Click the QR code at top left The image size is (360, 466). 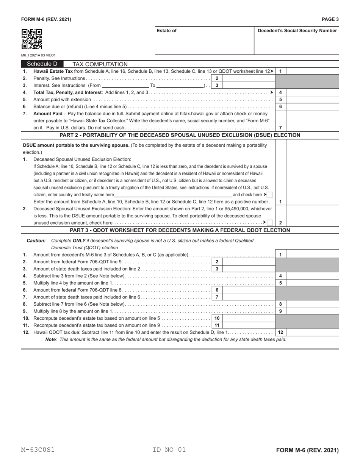31,39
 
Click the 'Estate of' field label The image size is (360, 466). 166,31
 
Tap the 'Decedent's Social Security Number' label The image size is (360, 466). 297,31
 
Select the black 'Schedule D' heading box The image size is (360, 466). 42,64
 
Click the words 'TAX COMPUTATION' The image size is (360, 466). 100,64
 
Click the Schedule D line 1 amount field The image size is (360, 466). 312,71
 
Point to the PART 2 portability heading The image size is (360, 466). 180,135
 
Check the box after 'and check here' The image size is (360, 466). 270,195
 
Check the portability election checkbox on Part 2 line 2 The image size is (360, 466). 270,223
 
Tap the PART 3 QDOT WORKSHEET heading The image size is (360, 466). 180,230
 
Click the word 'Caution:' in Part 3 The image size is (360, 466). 36,241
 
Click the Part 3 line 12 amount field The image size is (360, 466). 312,333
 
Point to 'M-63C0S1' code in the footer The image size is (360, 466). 38,450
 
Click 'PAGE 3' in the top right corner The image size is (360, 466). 330,19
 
